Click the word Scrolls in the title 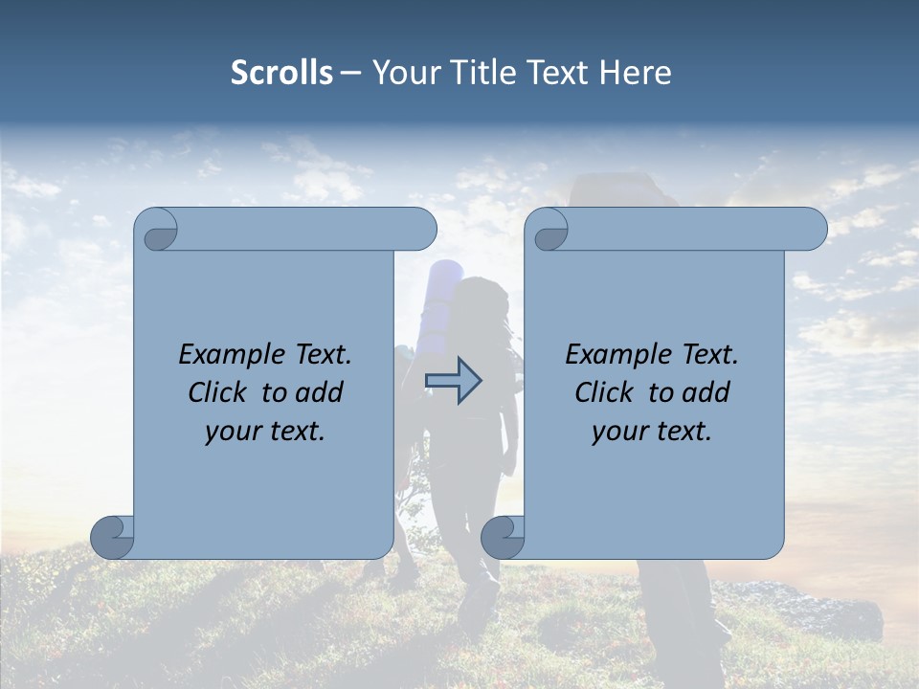(x=281, y=73)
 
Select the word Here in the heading (x=635, y=73)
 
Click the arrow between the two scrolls (x=454, y=381)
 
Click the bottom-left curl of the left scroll (x=113, y=536)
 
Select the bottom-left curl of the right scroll (x=503, y=536)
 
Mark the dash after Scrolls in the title (x=350, y=74)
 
